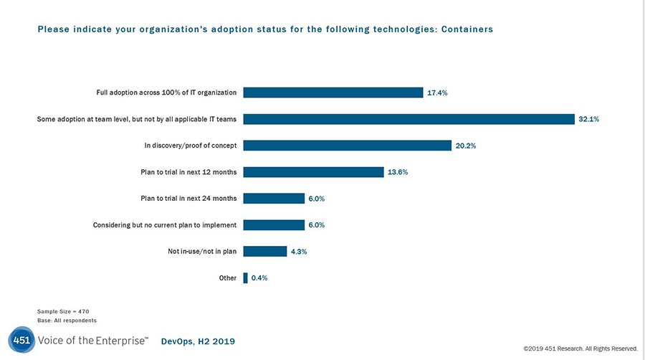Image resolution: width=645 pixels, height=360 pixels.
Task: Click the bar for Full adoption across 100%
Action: [x=333, y=93]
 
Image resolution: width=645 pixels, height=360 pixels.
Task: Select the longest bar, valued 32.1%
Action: [x=409, y=119]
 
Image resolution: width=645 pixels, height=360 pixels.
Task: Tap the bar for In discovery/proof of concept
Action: [x=347, y=146]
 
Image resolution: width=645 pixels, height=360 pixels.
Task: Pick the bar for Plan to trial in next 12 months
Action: [x=314, y=172]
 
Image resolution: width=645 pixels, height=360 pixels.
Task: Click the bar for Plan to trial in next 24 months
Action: [x=274, y=199]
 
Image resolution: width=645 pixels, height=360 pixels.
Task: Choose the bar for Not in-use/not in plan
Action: [x=265, y=251]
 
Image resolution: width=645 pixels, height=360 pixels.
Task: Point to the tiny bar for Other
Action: [x=246, y=278]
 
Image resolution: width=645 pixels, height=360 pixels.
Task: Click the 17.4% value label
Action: [x=437, y=93]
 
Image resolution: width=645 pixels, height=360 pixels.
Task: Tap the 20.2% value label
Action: [x=466, y=146]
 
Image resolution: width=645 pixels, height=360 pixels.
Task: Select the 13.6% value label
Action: [x=398, y=173]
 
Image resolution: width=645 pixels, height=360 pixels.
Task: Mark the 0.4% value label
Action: [x=259, y=278]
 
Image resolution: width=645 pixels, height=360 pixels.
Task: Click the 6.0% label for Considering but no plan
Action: [x=317, y=225]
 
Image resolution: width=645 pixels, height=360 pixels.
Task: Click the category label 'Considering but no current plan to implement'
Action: [x=165, y=225]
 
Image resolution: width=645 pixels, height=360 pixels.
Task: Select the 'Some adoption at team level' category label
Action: [x=137, y=119]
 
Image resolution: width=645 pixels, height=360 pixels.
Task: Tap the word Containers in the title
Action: [x=467, y=29]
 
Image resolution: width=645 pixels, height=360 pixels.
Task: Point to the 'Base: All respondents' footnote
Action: [x=67, y=320]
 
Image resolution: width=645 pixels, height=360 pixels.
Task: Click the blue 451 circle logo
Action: [x=21, y=340]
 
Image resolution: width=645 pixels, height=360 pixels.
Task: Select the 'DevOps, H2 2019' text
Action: [x=198, y=341]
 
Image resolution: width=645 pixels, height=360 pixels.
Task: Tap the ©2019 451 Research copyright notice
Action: [x=580, y=349]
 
